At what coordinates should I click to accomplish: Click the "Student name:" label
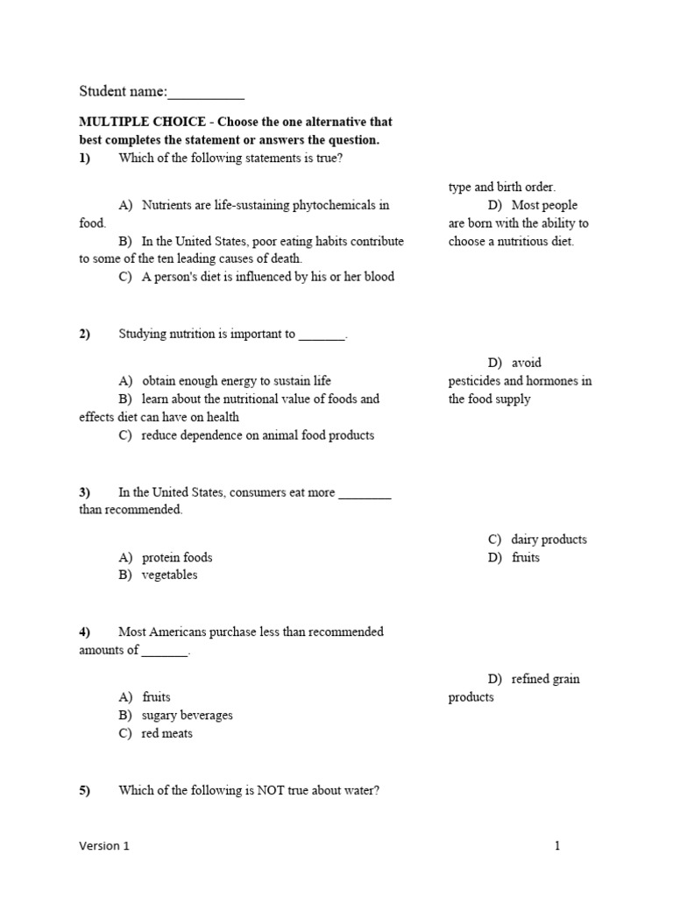[123, 91]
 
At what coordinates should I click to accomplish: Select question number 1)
[85, 158]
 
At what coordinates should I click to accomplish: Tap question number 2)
[85, 334]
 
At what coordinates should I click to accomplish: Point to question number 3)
[85, 492]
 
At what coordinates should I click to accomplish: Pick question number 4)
[85, 632]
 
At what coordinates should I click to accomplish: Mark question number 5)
[85, 790]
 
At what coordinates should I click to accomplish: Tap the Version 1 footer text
[103, 846]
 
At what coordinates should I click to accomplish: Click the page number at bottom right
[556, 846]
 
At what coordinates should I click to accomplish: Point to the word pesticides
[477, 381]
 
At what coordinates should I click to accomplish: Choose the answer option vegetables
[169, 576]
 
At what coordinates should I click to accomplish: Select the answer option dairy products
[549, 540]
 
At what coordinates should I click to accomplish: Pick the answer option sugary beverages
[187, 716]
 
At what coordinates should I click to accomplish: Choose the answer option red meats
[166, 734]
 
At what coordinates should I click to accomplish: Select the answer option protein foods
[177, 557]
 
